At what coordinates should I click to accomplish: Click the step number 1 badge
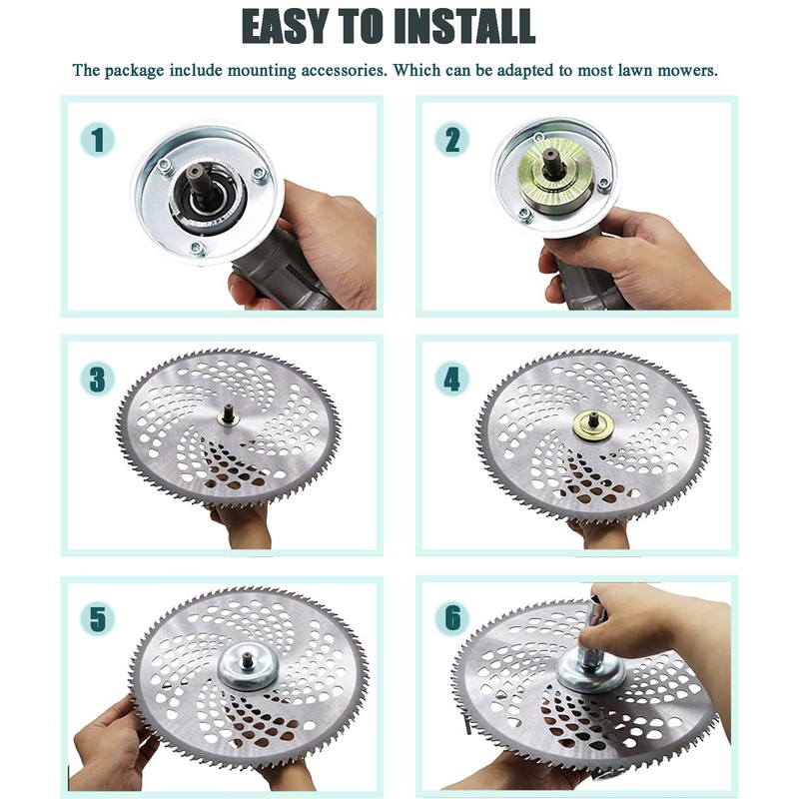tap(97, 140)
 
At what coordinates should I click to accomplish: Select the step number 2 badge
tap(452, 140)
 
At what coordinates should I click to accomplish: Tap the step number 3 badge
tap(97, 380)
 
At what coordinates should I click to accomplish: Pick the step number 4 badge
tap(452, 380)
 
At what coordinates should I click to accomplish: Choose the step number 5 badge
tap(97, 618)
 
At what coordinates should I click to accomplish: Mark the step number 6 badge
tap(452, 618)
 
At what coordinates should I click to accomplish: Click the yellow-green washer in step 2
tap(555, 170)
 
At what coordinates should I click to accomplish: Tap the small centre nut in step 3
tap(227, 417)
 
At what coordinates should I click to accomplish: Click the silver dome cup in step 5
tap(248, 668)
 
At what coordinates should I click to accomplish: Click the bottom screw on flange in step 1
tap(197, 249)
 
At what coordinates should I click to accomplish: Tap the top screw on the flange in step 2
tap(538, 136)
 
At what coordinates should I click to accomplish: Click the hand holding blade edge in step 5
tap(113, 743)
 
